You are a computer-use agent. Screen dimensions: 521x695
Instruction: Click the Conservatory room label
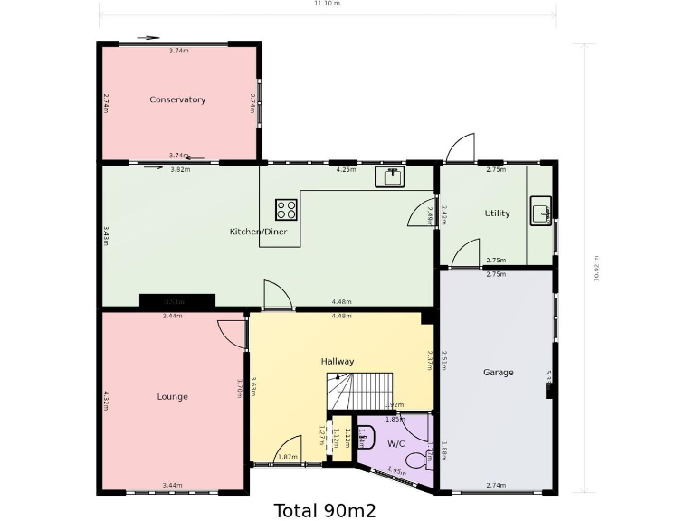[177, 99]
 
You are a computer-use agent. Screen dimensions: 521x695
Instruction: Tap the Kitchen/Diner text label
[258, 232]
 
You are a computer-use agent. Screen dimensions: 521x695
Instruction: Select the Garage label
[498, 373]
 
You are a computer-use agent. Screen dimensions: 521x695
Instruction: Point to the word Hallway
[338, 362]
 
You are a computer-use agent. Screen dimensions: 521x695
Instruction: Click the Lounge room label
[172, 397]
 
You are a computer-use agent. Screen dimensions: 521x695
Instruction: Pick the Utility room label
[497, 213]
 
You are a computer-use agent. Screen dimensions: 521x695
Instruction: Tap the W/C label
[396, 444]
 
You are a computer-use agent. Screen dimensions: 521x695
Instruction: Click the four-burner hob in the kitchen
[286, 210]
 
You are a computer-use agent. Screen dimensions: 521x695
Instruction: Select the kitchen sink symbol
[392, 176]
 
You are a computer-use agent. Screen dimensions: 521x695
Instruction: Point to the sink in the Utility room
[540, 213]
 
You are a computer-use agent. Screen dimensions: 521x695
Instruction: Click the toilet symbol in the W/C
[418, 460]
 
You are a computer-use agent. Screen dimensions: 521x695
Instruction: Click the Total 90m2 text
[325, 510]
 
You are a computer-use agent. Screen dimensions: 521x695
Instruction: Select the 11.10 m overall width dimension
[327, 4]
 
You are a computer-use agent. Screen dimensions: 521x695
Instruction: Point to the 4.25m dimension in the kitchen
[345, 169]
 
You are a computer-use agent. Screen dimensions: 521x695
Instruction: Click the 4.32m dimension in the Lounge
[107, 400]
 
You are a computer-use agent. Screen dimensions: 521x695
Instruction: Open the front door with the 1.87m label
[288, 450]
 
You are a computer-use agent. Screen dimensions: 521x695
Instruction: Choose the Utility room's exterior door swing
[461, 148]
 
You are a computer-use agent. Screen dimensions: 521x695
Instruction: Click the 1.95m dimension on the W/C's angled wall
[396, 470]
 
